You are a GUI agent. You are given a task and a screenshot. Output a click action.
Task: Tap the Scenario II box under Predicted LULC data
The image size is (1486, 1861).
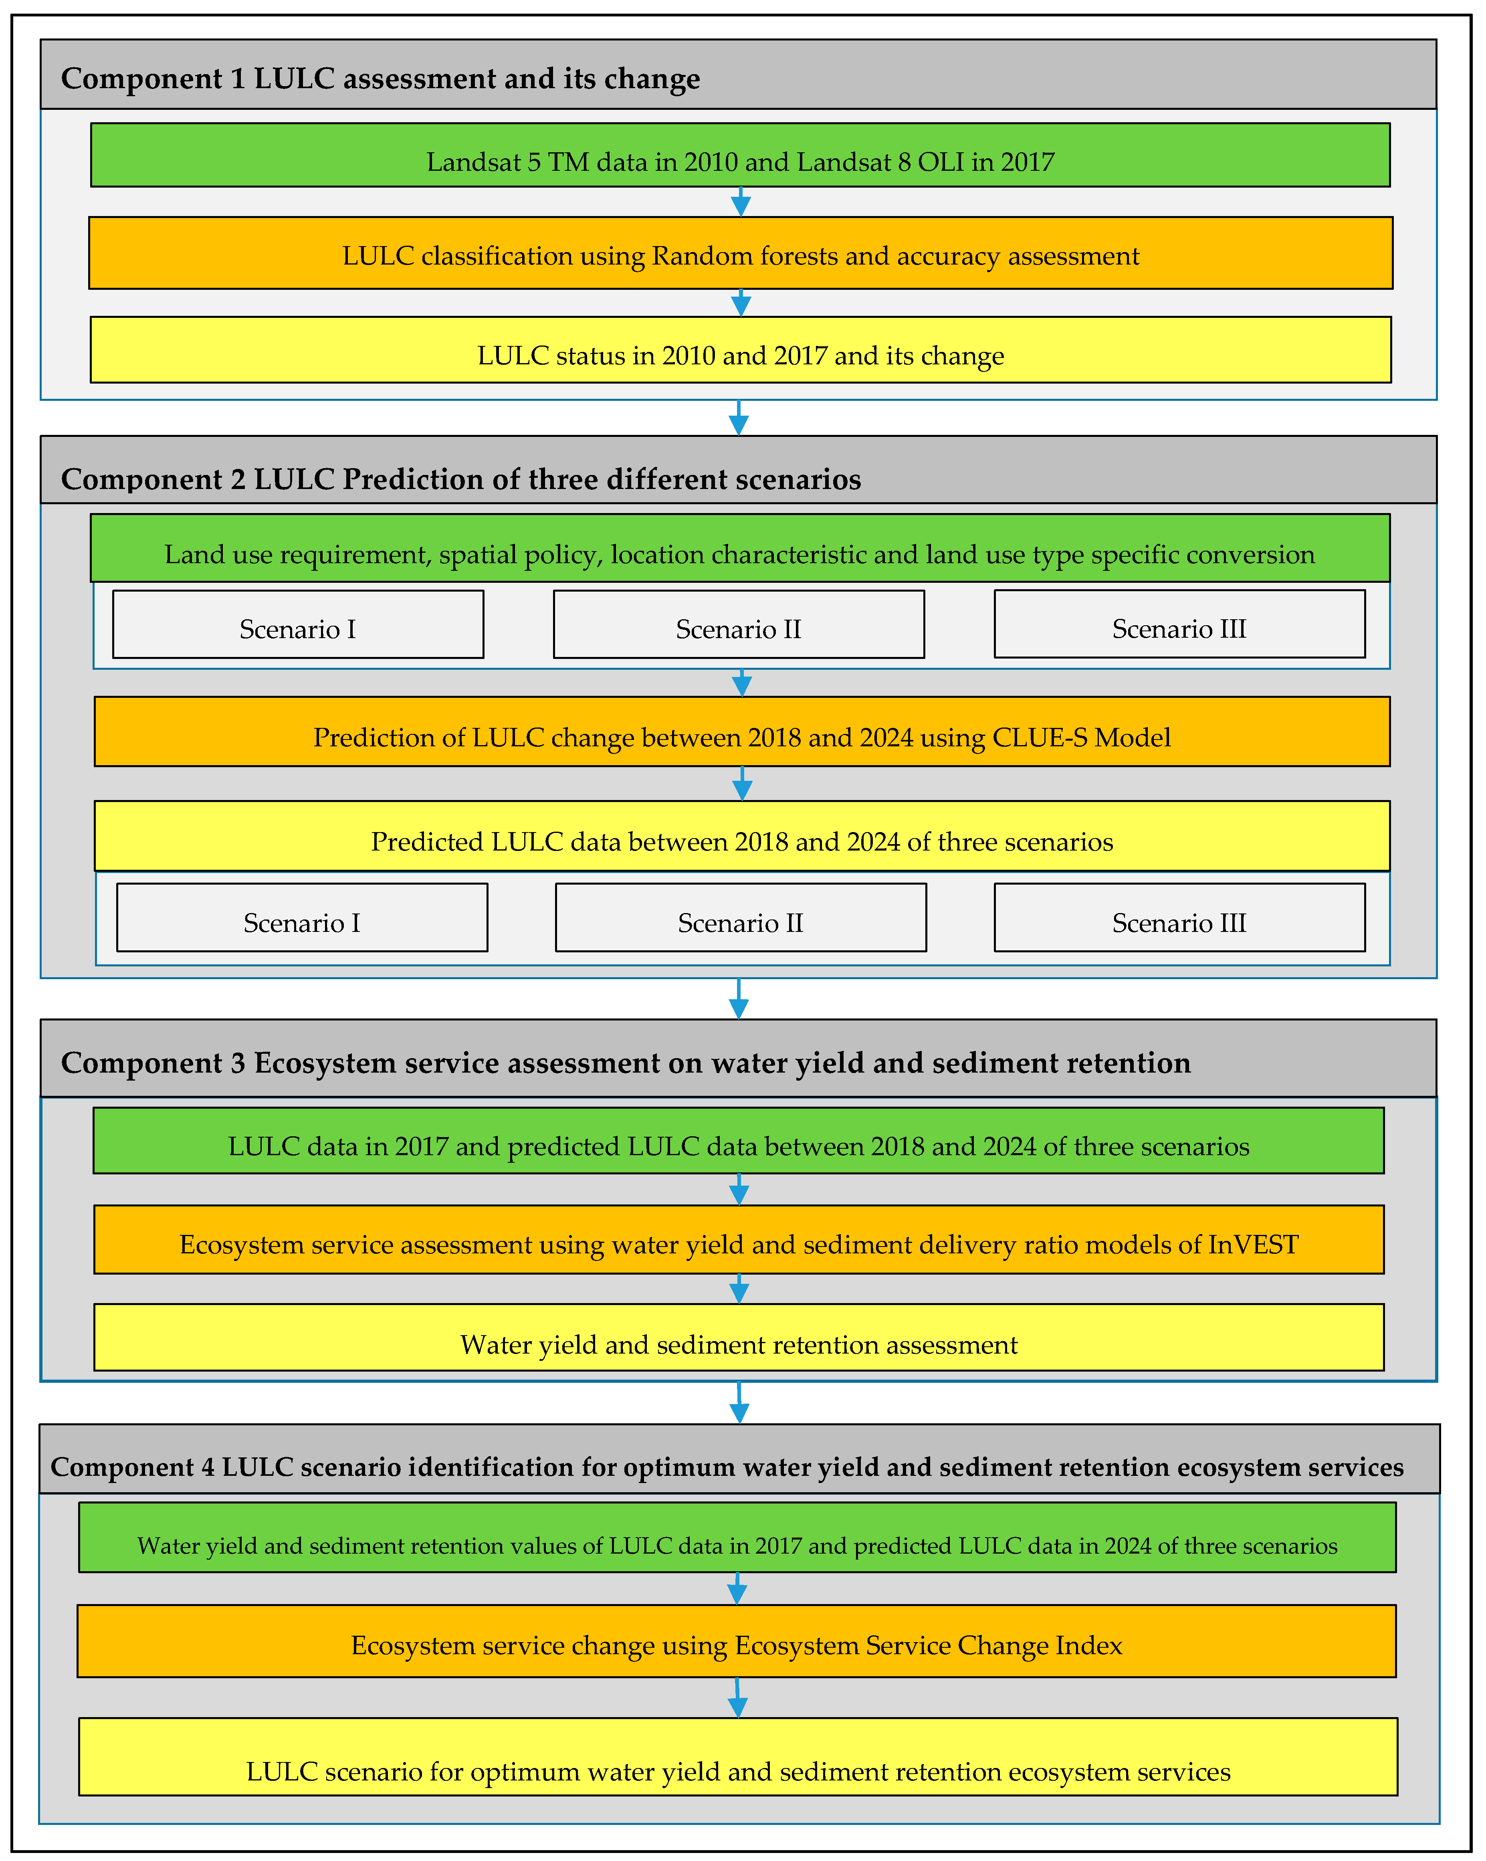coord(741,917)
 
